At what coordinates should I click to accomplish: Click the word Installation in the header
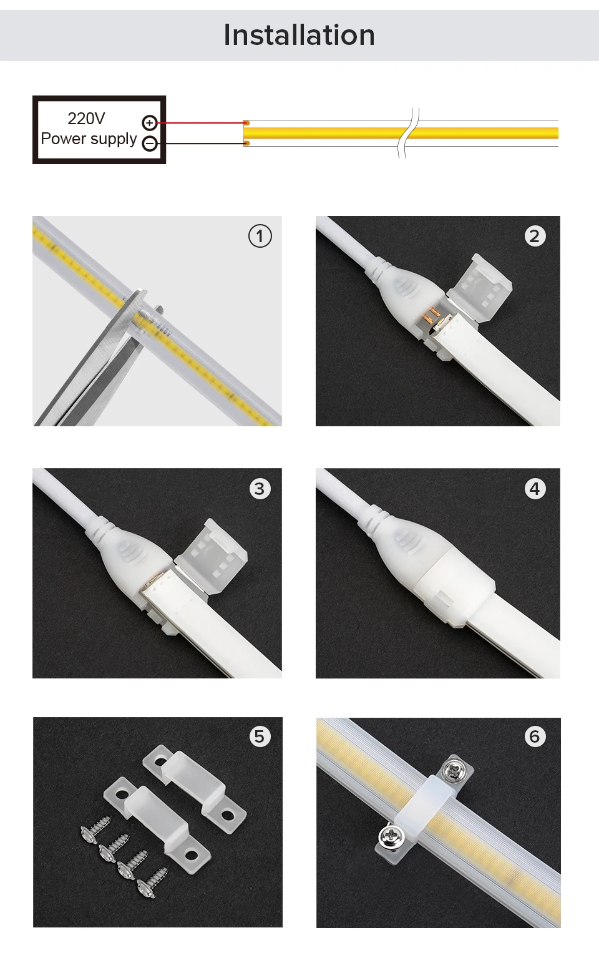point(299,35)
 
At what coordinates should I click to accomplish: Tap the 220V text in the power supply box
point(86,119)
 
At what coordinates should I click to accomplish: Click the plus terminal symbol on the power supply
point(150,123)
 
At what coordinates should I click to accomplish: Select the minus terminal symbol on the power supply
point(150,143)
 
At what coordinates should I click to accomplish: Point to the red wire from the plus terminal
point(200,123)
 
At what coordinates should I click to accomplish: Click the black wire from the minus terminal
point(200,143)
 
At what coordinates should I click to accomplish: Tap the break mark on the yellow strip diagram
point(409,133)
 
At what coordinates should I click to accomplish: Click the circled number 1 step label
point(260,236)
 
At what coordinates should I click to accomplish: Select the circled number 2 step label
point(535,236)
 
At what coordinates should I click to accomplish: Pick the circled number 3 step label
point(260,489)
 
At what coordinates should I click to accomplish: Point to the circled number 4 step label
point(535,489)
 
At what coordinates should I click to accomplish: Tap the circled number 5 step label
point(260,736)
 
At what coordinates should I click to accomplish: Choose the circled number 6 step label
point(535,736)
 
